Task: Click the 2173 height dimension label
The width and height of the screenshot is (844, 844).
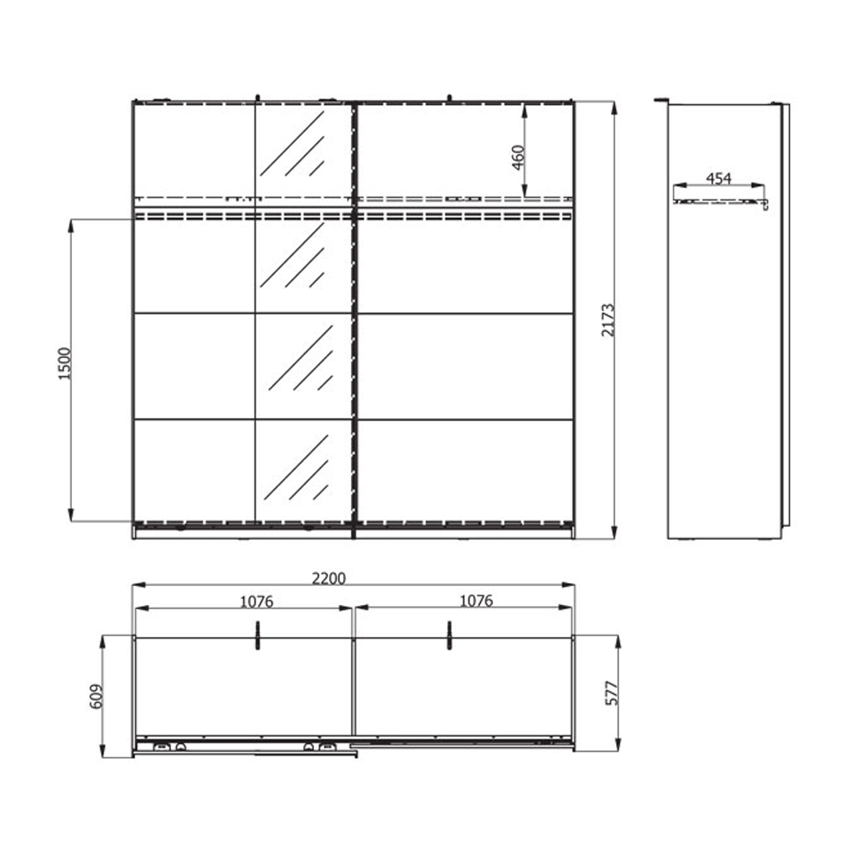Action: pos(608,320)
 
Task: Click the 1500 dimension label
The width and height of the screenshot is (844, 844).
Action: pos(65,364)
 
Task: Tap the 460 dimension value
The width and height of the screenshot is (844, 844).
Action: pos(518,157)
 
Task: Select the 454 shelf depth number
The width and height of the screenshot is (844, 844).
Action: pos(719,178)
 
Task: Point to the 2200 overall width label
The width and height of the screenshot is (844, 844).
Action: pos(329,578)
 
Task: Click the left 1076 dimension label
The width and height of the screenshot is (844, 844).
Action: pos(257,601)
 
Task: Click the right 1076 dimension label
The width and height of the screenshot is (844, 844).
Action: pos(476,600)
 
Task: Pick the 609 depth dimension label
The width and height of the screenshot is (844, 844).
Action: pos(96,696)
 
